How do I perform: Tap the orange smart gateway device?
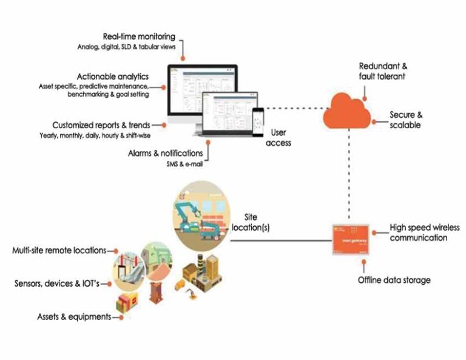[x=350, y=239]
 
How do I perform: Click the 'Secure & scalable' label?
[x=405, y=120]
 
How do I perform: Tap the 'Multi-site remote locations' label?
[x=59, y=250]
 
